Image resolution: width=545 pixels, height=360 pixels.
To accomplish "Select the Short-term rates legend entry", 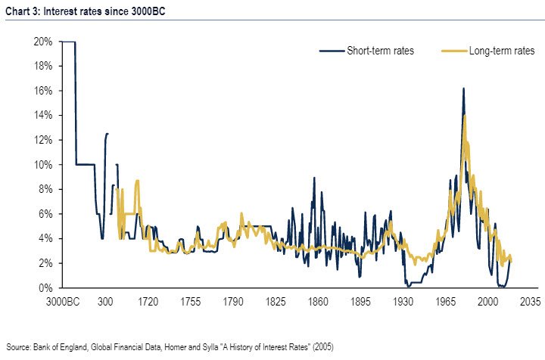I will coord(379,51).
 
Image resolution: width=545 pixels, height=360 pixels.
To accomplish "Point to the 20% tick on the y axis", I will coord(42,42).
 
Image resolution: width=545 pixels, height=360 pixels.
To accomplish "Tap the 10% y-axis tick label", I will coord(42,165).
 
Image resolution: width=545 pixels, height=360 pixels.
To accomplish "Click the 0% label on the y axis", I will coord(45,288).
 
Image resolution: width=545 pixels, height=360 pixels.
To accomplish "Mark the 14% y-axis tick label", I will coord(42,116).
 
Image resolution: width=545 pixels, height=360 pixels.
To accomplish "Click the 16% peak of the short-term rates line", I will coord(462,89).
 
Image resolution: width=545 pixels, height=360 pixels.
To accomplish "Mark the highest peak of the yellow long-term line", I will coord(465,116).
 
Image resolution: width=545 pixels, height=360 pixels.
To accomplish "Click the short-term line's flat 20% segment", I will coord(68,42).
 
